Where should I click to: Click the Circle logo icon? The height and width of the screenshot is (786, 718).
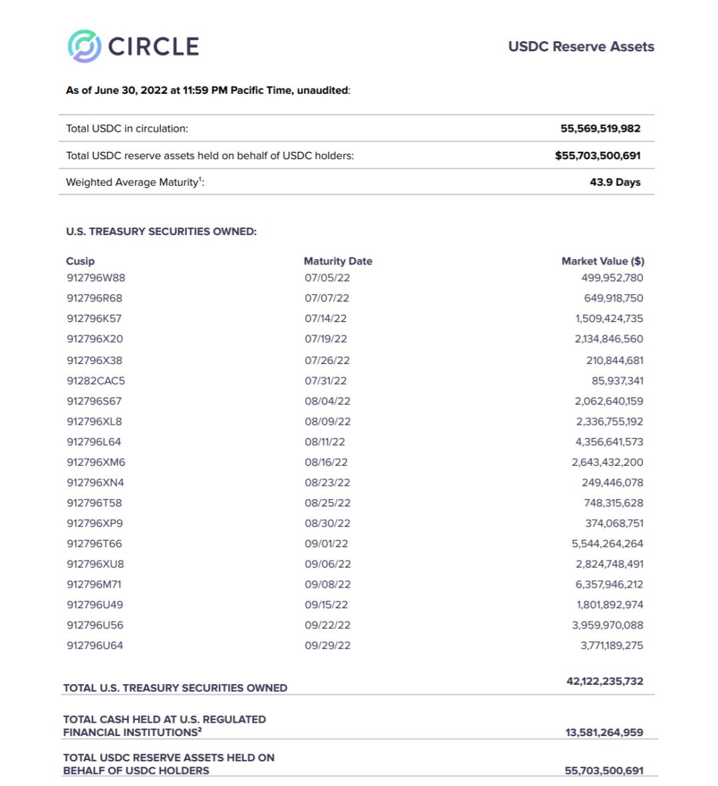(84, 46)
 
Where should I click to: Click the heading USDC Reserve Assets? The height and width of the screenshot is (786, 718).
(581, 47)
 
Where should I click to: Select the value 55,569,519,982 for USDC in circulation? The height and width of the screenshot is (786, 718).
(600, 128)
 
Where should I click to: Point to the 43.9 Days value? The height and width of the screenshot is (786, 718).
(615, 182)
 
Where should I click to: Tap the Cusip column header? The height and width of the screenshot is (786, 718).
(80, 261)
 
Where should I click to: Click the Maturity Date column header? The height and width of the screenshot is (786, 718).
(338, 261)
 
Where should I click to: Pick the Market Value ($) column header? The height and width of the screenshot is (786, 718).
(602, 261)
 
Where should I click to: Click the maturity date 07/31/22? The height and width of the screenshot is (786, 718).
(326, 381)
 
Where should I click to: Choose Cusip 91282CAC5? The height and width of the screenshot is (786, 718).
(96, 381)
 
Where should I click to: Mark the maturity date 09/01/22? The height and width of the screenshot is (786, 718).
(326, 544)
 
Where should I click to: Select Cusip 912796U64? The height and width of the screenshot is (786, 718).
(95, 646)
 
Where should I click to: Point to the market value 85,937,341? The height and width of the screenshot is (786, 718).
(617, 381)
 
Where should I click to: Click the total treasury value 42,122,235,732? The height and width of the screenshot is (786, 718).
(604, 681)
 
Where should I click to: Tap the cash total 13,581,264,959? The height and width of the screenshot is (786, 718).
(604, 732)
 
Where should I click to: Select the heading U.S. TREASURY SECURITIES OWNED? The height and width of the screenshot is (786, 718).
(161, 232)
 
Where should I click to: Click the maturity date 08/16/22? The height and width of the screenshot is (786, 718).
(326, 462)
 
